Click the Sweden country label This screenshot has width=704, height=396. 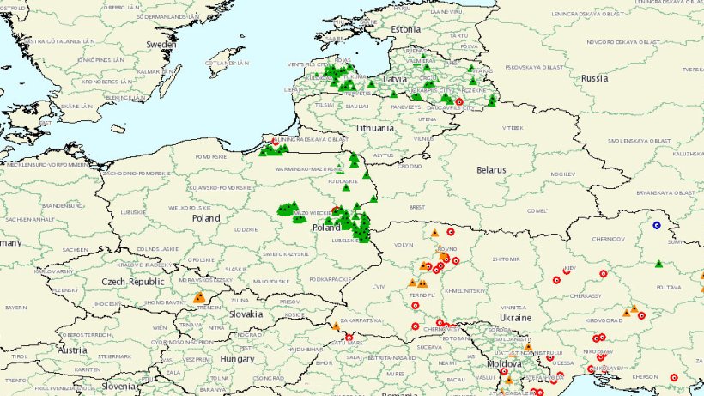point(161,43)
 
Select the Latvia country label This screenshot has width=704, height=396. point(395,78)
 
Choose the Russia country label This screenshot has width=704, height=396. point(594,77)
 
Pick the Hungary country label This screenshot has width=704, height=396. point(237,358)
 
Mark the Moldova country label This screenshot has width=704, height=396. point(504,364)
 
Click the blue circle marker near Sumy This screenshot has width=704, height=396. point(657,225)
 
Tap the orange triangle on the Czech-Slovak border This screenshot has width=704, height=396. point(199,298)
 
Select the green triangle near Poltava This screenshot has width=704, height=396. point(658,264)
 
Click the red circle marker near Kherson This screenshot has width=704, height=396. point(673,375)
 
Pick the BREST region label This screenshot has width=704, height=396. point(417,207)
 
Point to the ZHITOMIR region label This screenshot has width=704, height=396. point(497,258)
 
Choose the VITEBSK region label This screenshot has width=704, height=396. point(512,127)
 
